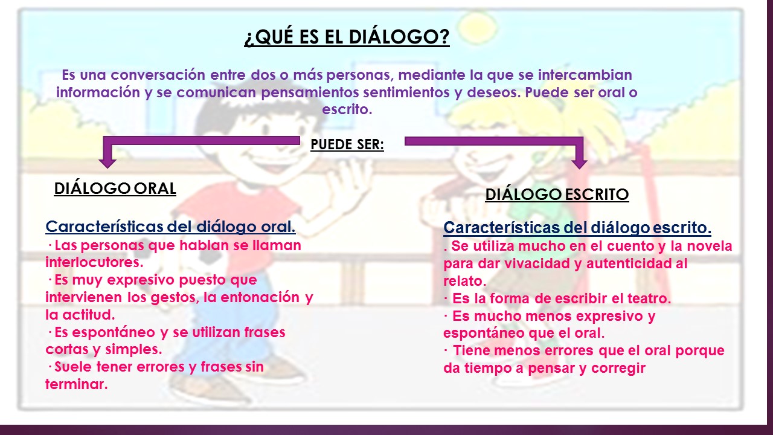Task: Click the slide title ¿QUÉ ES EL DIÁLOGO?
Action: [x=347, y=37]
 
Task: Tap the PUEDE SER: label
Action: [x=347, y=145]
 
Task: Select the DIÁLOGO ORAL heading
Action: [x=115, y=188]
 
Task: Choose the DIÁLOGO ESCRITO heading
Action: [x=557, y=195]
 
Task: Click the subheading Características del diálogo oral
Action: [x=170, y=227]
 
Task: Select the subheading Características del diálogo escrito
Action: [x=577, y=228]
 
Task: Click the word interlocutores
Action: [x=94, y=263]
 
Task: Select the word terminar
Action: [x=76, y=384]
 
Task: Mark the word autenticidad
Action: [x=624, y=264]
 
